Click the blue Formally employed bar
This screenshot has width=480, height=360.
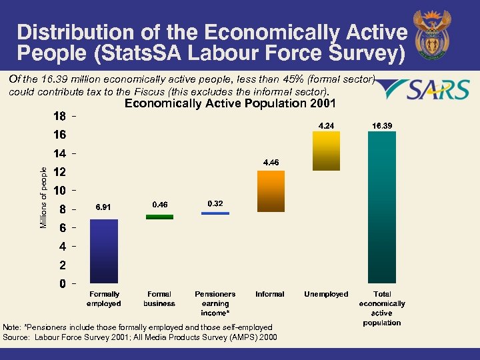click(x=103, y=251)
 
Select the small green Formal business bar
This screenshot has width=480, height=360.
click(x=159, y=217)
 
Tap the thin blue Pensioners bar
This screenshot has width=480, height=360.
click(x=215, y=213)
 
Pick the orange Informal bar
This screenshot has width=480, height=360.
click(x=271, y=191)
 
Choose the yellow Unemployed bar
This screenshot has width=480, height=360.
click(x=326, y=151)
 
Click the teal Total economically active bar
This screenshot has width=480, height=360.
click(x=382, y=207)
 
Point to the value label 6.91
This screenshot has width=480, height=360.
click(x=103, y=207)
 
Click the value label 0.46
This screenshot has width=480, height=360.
click(x=159, y=204)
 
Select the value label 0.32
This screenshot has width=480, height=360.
click(x=215, y=203)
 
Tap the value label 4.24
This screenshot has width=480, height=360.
click(x=327, y=125)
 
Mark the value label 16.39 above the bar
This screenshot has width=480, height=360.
click(x=382, y=125)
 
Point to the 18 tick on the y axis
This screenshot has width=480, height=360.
click(x=59, y=116)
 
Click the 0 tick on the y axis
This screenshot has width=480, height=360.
click(x=62, y=284)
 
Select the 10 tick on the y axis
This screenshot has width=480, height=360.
click(x=59, y=191)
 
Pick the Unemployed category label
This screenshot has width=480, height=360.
click(x=326, y=294)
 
